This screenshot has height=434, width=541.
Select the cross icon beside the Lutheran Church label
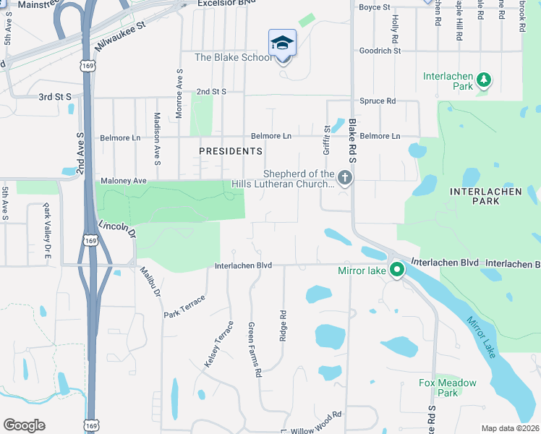point(345,177)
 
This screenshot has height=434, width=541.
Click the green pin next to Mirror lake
point(397,271)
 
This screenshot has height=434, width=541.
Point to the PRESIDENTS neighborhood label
point(231,151)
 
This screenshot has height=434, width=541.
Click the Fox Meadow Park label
point(448,388)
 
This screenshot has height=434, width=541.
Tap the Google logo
point(24,425)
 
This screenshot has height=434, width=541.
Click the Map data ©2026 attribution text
point(511,428)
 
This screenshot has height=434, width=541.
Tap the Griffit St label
point(327,139)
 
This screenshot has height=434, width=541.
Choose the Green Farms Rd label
point(254,350)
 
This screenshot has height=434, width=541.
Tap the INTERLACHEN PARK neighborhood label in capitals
point(474,196)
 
